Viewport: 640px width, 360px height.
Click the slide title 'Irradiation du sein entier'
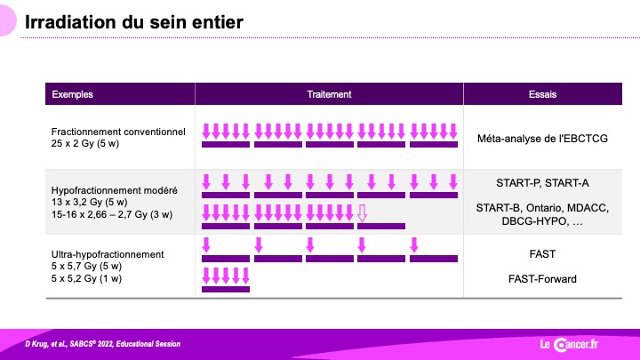coord(134,22)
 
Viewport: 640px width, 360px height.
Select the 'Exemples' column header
coord(72,94)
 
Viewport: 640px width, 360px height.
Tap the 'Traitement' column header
coord(329,94)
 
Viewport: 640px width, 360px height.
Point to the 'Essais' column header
coord(542,94)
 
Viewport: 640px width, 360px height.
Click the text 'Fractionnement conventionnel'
coord(118,132)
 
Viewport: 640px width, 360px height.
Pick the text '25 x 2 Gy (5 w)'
coord(85,144)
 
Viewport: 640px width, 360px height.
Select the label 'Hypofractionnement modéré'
coord(115,190)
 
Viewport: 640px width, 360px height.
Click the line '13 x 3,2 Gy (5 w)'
coord(90,203)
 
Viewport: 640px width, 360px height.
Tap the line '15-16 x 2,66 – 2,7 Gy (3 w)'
coord(112,215)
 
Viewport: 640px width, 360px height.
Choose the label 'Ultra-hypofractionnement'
coord(108,254)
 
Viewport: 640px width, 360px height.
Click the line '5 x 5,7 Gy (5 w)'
coord(86,267)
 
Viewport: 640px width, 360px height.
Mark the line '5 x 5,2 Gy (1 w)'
coord(86,279)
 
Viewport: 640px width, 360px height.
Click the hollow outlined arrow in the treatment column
coord(362,213)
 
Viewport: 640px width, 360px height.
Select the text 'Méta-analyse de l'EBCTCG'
coord(542,139)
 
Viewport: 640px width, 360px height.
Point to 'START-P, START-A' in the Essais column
coord(542,183)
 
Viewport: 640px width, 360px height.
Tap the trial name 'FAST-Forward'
coord(542,279)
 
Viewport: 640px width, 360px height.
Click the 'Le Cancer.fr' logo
coord(569,345)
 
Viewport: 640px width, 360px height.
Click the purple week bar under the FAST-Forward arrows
coord(226,290)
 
